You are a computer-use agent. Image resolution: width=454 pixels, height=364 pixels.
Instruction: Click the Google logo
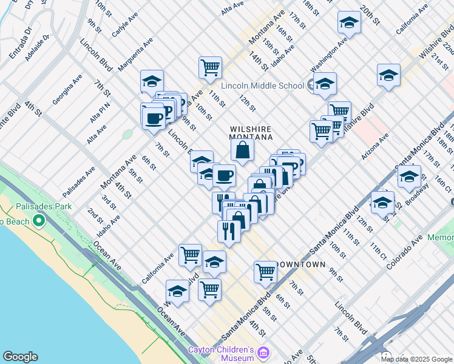coord(20,357)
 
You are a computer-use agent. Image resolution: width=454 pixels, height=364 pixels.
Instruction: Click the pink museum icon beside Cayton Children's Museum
coord(263,352)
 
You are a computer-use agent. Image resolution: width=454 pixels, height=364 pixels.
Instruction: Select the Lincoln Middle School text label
coord(262,86)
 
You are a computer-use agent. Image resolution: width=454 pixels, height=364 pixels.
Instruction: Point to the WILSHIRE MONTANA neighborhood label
coord(248,133)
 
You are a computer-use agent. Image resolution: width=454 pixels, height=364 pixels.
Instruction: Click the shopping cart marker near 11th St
coord(210,68)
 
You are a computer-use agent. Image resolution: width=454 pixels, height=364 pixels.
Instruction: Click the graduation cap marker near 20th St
coord(349,23)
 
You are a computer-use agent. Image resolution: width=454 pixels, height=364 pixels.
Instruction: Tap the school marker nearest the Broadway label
coord(409,177)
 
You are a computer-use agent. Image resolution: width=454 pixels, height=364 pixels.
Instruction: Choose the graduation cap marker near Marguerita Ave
coord(152,81)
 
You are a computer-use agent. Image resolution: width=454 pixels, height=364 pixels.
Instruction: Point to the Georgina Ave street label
coord(67,90)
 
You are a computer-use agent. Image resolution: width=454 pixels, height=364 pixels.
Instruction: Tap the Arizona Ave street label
coord(375,146)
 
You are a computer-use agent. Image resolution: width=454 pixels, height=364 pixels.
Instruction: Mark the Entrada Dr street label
coord(21,42)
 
